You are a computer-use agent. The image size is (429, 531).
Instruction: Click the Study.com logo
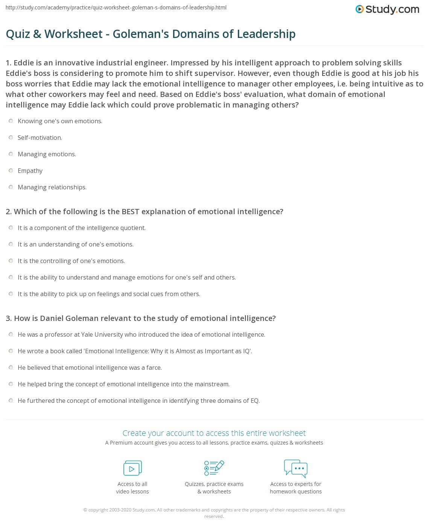point(387,9)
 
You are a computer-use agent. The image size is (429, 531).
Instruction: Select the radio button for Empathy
point(11,171)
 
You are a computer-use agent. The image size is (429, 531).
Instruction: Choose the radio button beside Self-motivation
point(11,138)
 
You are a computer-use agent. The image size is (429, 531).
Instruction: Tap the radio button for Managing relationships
point(11,187)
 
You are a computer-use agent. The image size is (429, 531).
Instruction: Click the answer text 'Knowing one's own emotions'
point(60,121)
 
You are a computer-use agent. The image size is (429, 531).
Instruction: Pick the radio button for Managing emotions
point(11,154)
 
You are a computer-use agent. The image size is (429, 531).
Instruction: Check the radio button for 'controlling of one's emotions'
point(11,261)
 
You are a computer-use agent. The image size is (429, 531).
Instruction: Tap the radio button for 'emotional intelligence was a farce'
point(11,368)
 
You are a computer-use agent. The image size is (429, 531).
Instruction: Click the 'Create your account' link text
point(214,433)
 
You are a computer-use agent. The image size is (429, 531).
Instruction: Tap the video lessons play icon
point(132,468)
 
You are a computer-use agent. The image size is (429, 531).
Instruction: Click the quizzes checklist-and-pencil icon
point(214,468)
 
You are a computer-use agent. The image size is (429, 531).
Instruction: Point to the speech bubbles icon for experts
point(296,468)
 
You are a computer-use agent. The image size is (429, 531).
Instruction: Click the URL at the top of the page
point(116,7)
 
